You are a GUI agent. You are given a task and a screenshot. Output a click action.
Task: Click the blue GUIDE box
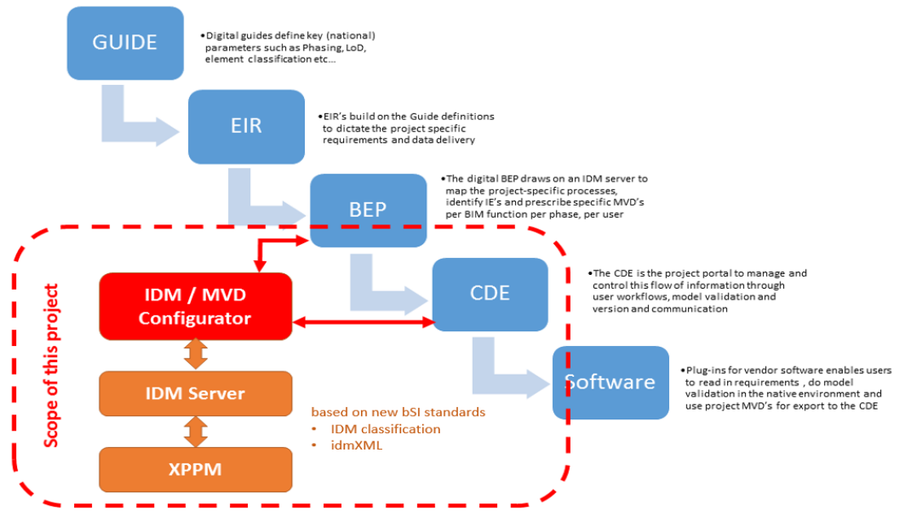click(x=125, y=43)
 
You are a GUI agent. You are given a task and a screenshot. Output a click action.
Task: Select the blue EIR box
click(x=246, y=126)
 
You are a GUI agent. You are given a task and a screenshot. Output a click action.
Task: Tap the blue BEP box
click(x=368, y=210)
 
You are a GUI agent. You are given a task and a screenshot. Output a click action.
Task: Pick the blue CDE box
click(x=490, y=294)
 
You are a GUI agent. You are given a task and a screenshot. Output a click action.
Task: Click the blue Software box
click(x=610, y=382)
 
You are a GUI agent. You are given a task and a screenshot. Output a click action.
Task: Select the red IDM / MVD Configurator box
click(x=196, y=306)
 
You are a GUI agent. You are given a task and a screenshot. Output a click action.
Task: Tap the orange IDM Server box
click(x=196, y=393)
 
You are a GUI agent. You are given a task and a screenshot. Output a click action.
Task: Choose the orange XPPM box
click(x=196, y=469)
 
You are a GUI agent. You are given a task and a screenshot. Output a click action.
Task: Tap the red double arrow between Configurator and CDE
click(x=364, y=322)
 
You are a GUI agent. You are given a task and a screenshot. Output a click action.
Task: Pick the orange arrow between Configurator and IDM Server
click(x=196, y=354)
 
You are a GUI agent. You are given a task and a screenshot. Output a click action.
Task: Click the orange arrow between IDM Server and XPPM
click(x=196, y=432)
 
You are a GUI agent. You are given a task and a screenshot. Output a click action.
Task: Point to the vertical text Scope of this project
click(x=51, y=366)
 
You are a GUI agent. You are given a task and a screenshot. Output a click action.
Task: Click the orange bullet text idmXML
click(x=356, y=445)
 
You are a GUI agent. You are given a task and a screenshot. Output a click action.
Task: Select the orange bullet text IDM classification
click(x=386, y=429)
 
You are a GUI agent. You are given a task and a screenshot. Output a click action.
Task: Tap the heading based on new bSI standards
click(x=398, y=412)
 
